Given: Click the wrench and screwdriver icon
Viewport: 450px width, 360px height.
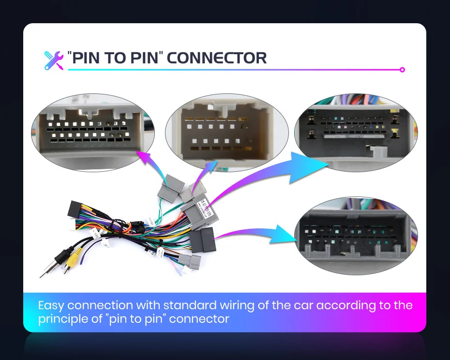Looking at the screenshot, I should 54,59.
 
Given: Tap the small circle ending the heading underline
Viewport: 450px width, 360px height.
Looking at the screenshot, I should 402,70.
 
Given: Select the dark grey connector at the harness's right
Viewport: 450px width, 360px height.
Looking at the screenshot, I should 202,238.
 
